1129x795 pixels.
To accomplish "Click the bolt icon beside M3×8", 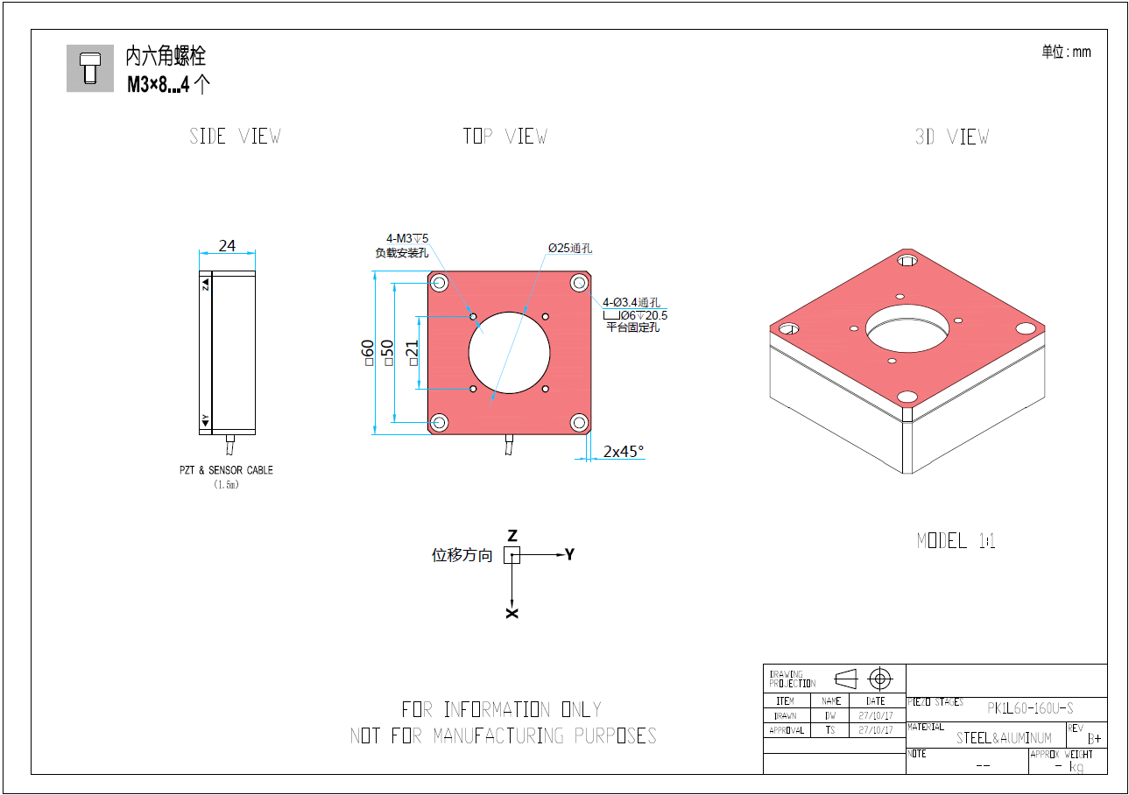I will click(x=89, y=67).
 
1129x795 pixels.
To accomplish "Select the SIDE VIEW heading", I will click(x=235, y=137).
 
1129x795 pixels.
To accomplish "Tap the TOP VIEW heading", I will click(x=505, y=137).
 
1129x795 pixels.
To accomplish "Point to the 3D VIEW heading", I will click(x=951, y=137).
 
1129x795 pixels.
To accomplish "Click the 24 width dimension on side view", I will click(x=227, y=246).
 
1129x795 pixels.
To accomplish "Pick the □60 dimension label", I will click(x=367, y=354).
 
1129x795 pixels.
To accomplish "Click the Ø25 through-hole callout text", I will click(x=570, y=249).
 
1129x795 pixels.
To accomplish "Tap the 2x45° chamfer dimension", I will click(x=623, y=452).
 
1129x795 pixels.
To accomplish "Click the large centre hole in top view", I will click(x=509, y=352).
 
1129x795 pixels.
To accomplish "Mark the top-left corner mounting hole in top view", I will click(x=439, y=283).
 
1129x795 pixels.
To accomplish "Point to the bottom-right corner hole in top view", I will click(x=579, y=423).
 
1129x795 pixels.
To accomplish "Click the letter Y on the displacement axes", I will click(x=569, y=554).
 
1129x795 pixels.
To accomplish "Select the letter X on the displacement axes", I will click(x=512, y=613).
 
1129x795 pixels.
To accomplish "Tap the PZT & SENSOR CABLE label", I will click(x=226, y=470).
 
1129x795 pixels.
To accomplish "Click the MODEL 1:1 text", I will click(x=956, y=541).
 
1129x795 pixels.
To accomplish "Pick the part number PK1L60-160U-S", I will click(x=1030, y=708).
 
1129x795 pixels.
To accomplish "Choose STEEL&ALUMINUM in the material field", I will click(x=1004, y=738).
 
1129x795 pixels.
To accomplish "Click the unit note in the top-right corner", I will click(x=1066, y=52).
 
